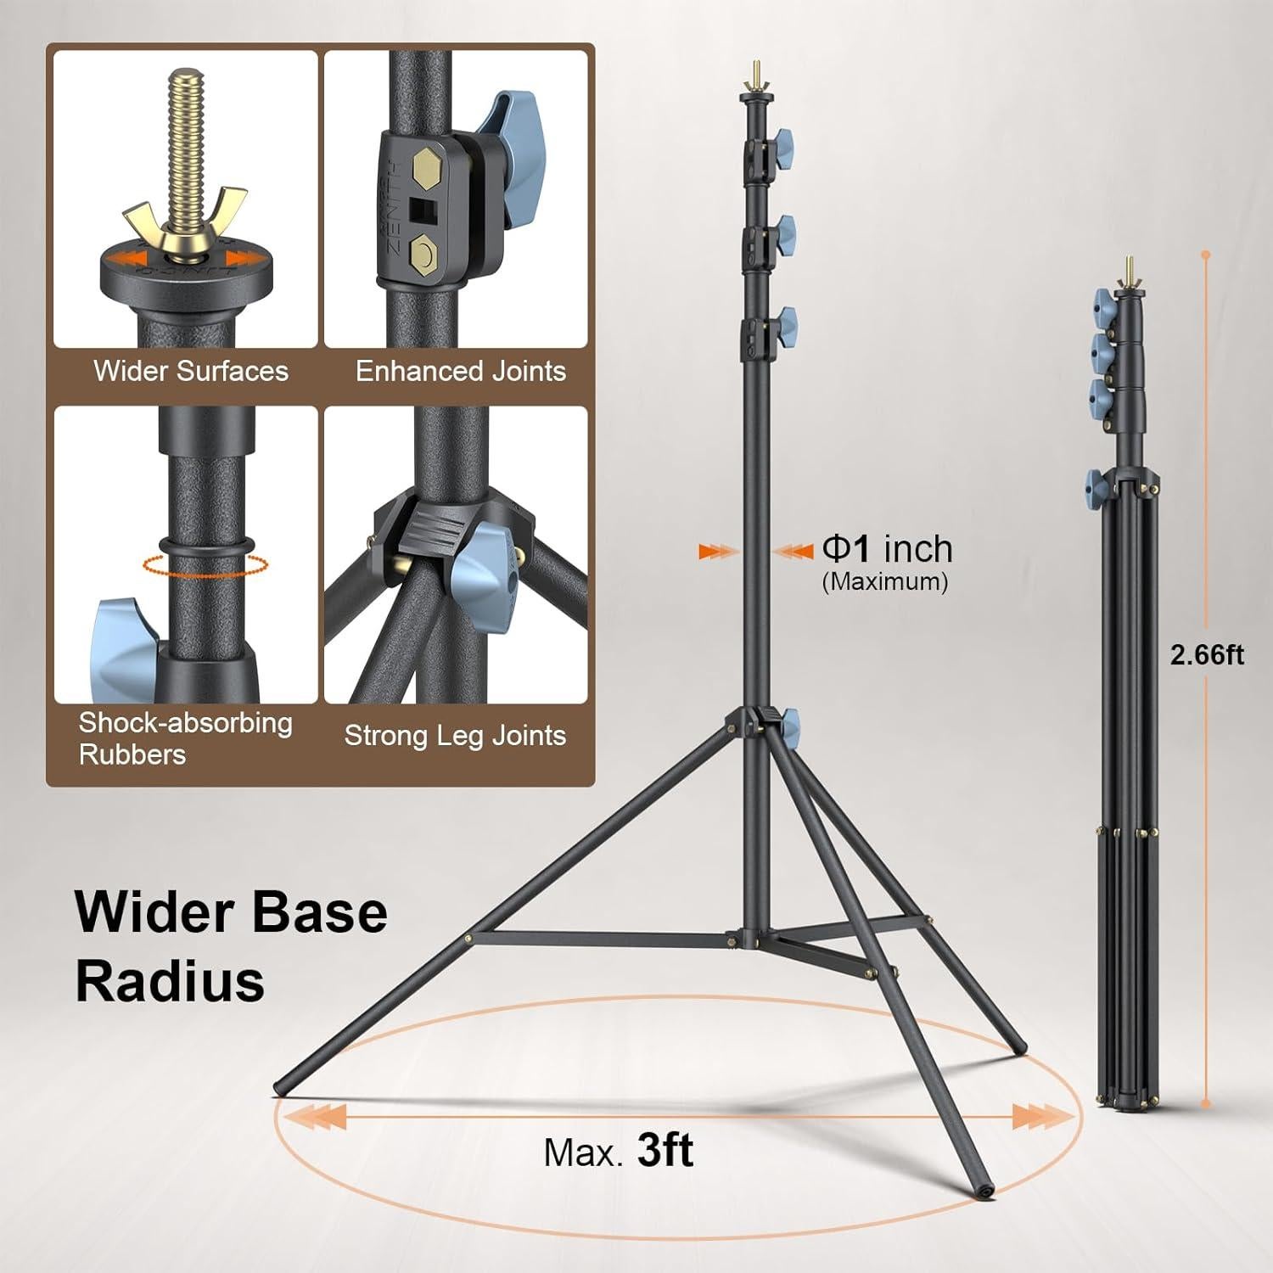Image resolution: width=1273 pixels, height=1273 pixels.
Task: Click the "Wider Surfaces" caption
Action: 191,371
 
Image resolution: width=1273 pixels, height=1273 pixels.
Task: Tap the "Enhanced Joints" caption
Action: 461,371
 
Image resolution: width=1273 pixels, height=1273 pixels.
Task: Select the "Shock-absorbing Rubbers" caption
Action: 186,738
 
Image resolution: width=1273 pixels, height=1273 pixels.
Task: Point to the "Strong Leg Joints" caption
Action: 455,735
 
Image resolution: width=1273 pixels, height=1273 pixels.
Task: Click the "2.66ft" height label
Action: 1208,655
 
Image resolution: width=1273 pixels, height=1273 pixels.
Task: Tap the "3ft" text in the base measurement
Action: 665,1151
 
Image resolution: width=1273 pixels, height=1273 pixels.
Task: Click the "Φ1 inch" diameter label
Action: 888,549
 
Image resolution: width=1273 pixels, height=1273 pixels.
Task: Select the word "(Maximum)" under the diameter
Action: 885,582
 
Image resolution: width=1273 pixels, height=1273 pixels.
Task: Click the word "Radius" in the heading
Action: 170,981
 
